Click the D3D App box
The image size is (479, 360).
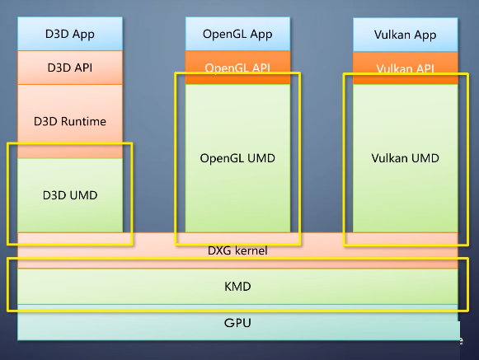[x=70, y=34]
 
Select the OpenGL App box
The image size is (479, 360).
[x=237, y=34]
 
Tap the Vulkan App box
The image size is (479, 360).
[x=406, y=35]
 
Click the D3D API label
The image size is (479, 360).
[x=70, y=68]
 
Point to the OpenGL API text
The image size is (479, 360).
[x=237, y=68]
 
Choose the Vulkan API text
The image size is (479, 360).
[x=405, y=68]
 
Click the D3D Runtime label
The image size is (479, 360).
[x=70, y=121]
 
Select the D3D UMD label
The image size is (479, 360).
[x=70, y=195]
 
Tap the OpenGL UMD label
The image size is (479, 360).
[x=237, y=158]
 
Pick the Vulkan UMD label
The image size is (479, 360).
[x=405, y=158]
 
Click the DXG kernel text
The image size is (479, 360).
[x=237, y=250]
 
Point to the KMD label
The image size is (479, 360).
[x=237, y=287]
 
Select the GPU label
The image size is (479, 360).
[x=237, y=323]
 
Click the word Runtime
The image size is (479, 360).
[x=83, y=121]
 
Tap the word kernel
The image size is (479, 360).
[x=251, y=250]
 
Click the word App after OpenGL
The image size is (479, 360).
[x=261, y=35]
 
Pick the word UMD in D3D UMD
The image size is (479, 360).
[x=84, y=195]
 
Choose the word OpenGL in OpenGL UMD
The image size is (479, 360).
[x=222, y=158]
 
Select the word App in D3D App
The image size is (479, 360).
[x=83, y=35]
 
